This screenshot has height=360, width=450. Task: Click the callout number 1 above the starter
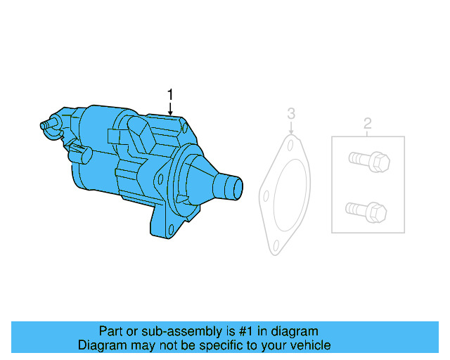point(169,94)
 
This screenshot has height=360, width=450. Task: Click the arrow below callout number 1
point(169,109)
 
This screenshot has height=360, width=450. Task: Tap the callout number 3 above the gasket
point(291,113)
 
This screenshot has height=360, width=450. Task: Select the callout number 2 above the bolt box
point(367,124)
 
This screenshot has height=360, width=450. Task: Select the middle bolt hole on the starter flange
point(163,179)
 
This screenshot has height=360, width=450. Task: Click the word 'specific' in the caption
point(225,345)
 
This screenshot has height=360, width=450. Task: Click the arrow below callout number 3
point(291,129)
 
